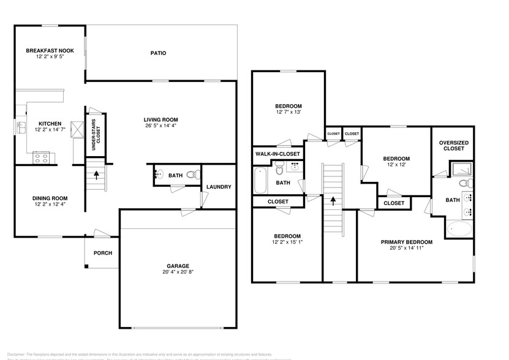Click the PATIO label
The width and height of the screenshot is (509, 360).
[x=159, y=53]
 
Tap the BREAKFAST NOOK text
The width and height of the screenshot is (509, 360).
[x=50, y=51]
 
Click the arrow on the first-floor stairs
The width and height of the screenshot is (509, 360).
[x=96, y=174]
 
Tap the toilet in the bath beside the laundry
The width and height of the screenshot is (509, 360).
[x=192, y=176]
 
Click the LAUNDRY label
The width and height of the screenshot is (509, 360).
[x=219, y=187]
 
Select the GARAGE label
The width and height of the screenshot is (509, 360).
[x=178, y=266]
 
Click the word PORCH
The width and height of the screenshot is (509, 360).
[x=102, y=253]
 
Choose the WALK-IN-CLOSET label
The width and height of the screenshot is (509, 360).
[x=277, y=154]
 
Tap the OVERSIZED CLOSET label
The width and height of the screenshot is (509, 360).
[x=454, y=145]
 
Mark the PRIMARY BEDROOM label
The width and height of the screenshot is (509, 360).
[x=407, y=242]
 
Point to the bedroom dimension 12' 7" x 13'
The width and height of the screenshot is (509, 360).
[x=287, y=112]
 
